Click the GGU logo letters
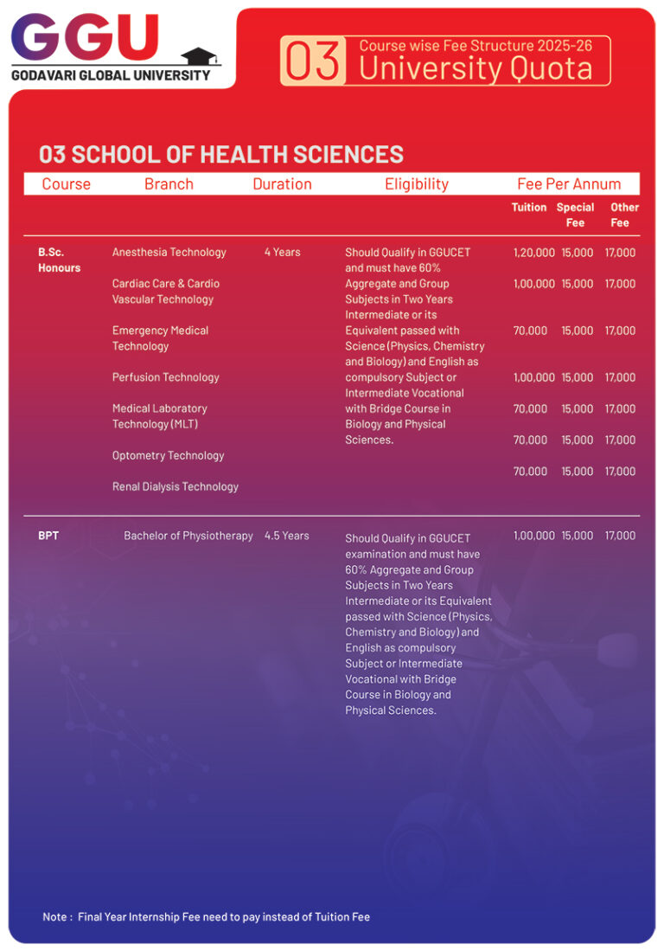point(85,39)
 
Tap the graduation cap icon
point(201,56)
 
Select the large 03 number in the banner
point(314,61)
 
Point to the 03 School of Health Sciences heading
point(221,154)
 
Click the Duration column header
point(282,183)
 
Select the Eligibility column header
point(417,183)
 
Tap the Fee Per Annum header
point(569,183)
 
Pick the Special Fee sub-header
point(575,215)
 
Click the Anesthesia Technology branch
point(169,252)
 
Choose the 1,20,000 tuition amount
point(533,253)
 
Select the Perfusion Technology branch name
point(166,377)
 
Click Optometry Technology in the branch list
point(168,455)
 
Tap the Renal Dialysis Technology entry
point(176,486)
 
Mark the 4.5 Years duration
point(286,536)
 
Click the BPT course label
point(48,536)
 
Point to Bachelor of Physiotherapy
point(188,536)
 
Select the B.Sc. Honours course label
point(59,260)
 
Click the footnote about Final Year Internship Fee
point(207,916)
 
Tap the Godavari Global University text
point(111,75)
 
